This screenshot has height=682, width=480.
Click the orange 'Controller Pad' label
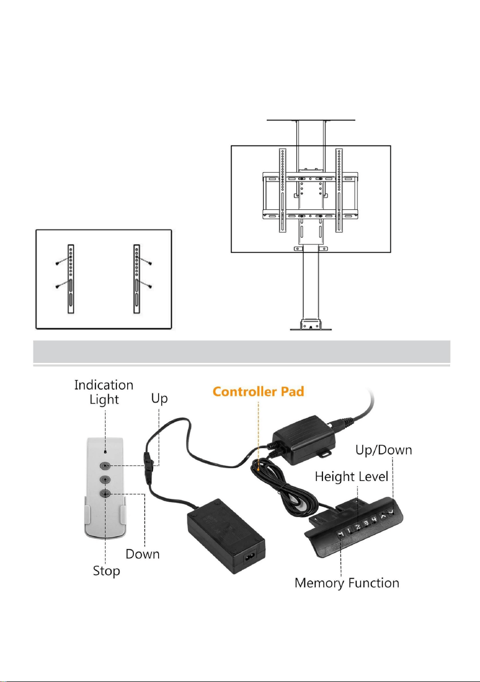click(x=258, y=392)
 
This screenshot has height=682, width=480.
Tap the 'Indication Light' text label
click(x=104, y=392)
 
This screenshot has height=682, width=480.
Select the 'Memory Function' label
click(x=347, y=583)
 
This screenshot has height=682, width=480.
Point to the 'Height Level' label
click(x=352, y=476)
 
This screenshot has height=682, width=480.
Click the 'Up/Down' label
click(x=384, y=451)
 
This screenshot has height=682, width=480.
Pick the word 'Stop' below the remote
click(x=107, y=571)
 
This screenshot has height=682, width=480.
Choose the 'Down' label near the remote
click(x=143, y=554)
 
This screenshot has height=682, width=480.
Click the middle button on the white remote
click(x=105, y=479)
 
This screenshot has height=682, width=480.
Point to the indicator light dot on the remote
click(x=105, y=452)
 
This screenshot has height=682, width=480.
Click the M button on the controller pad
click(x=341, y=534)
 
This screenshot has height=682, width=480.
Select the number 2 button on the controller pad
click(x=358, y=527)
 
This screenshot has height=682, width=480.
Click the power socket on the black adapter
click(x=250, y=558)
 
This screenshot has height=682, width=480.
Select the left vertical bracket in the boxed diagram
click(x=71, y=279)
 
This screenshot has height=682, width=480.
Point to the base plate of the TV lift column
click(x=311, y=329)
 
